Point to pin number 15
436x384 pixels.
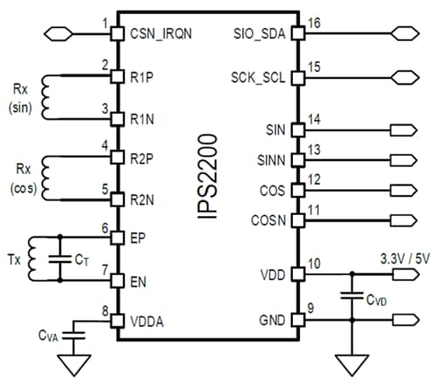315,66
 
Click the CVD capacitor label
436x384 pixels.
376,300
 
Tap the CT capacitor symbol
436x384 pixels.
61,259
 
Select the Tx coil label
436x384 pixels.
15,259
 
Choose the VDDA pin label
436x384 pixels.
148,321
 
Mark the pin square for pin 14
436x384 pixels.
297,130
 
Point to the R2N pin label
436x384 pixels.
143,199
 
